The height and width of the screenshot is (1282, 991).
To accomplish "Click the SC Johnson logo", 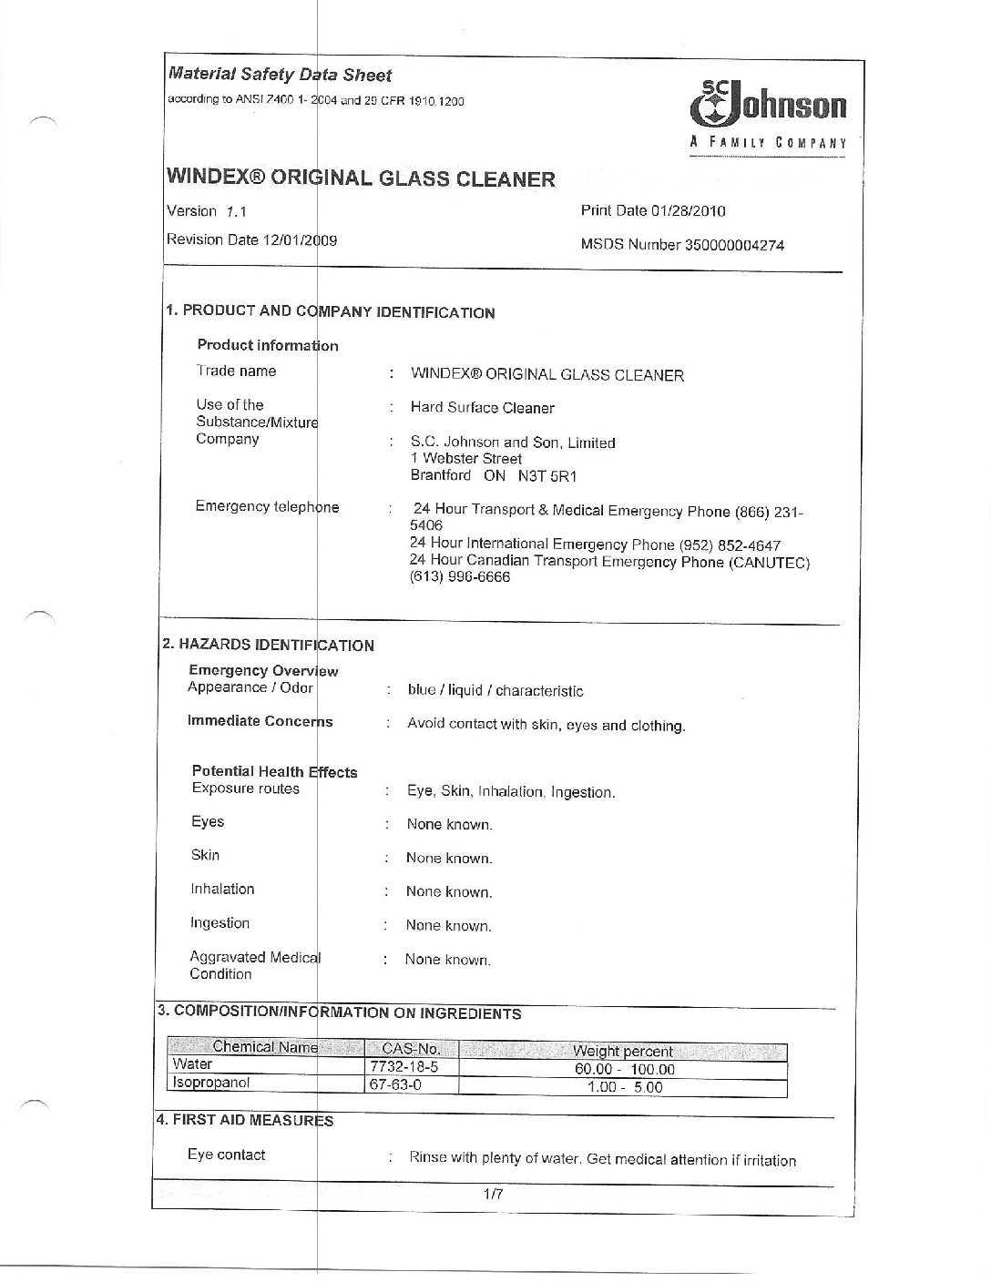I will (x=769, y=113).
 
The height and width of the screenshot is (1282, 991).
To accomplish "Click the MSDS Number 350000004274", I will (x=682, y=245).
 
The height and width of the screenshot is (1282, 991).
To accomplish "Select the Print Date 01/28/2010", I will (x=652, y=211).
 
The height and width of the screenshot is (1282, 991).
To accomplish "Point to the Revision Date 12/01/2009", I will (x=251, y=240).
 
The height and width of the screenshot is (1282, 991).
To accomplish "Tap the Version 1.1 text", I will (x=208, y=211).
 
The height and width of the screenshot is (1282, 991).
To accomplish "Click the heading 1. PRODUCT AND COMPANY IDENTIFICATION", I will (x=330, y=311).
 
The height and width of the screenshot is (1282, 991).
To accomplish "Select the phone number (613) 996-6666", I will (x=460, y=577).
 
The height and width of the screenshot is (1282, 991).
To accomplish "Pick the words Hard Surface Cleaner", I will (x=482, y=408).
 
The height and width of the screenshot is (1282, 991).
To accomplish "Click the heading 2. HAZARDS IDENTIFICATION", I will (x=268, y=645).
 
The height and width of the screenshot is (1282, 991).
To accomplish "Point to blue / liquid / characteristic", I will (x=495, y=691).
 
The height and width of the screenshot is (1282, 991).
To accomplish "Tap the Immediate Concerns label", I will (x=261, y=721).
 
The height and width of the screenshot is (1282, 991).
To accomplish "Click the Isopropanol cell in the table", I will (x=211, y=1084).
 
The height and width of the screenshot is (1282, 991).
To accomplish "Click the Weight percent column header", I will (x=623, y=1052).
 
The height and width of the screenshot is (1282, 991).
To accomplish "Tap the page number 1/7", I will (x=494, y=1197).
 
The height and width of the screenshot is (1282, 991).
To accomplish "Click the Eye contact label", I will (x=226, y=1155).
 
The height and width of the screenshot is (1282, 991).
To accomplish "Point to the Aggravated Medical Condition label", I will (x=254, y=965).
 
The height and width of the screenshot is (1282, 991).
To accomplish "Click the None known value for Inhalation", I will (x=449, y=892).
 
